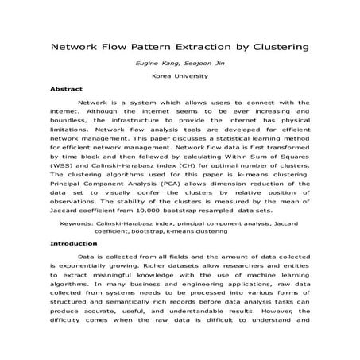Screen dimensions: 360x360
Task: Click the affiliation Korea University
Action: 180,77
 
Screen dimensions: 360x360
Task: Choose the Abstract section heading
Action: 66,90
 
